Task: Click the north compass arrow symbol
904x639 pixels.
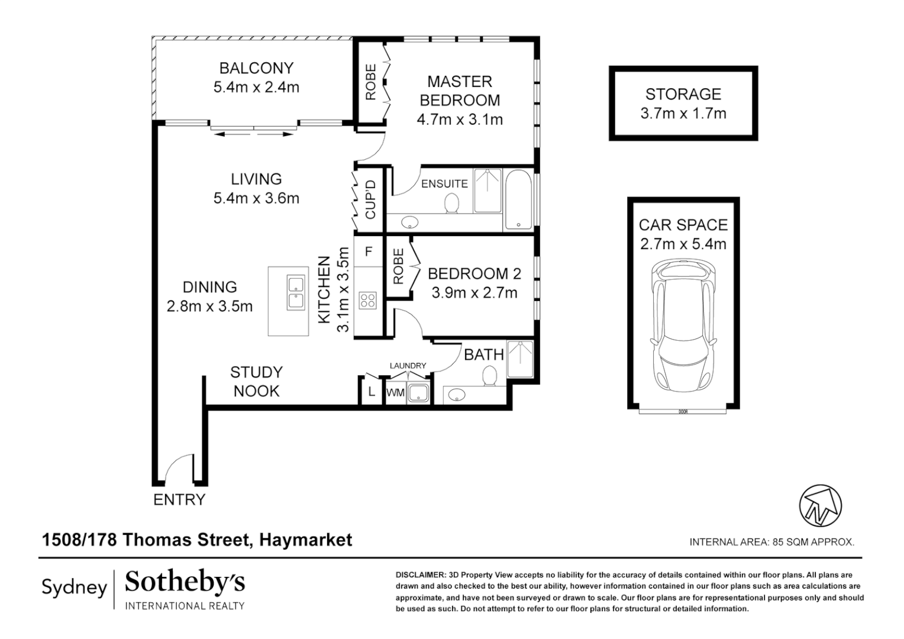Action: click(x=820, y=506)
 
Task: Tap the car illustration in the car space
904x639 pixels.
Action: click(x=683, y=328)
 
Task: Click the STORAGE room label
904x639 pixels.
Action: click(x=683, y=94)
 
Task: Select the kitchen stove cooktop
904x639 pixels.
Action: click(x=368, y=300)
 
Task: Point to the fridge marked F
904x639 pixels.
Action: click(x=369, y=252)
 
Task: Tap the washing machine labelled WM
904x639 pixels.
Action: click(x=395, y=393)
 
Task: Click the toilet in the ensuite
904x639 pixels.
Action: click(x=451, y=204)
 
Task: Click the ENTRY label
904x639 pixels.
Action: click(x=179, y=500)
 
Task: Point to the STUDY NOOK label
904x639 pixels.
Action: click(x=256, y=382)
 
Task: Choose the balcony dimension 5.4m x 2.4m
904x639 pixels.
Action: click(x=256, y=88)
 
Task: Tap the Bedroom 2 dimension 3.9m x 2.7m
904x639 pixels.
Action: click(x=474, y=293)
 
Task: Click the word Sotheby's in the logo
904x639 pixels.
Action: click(x=185, y=583)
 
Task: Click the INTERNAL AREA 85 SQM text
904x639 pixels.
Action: click(x=771, y=541)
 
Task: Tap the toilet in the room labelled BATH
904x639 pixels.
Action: click(x=489, y=376)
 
